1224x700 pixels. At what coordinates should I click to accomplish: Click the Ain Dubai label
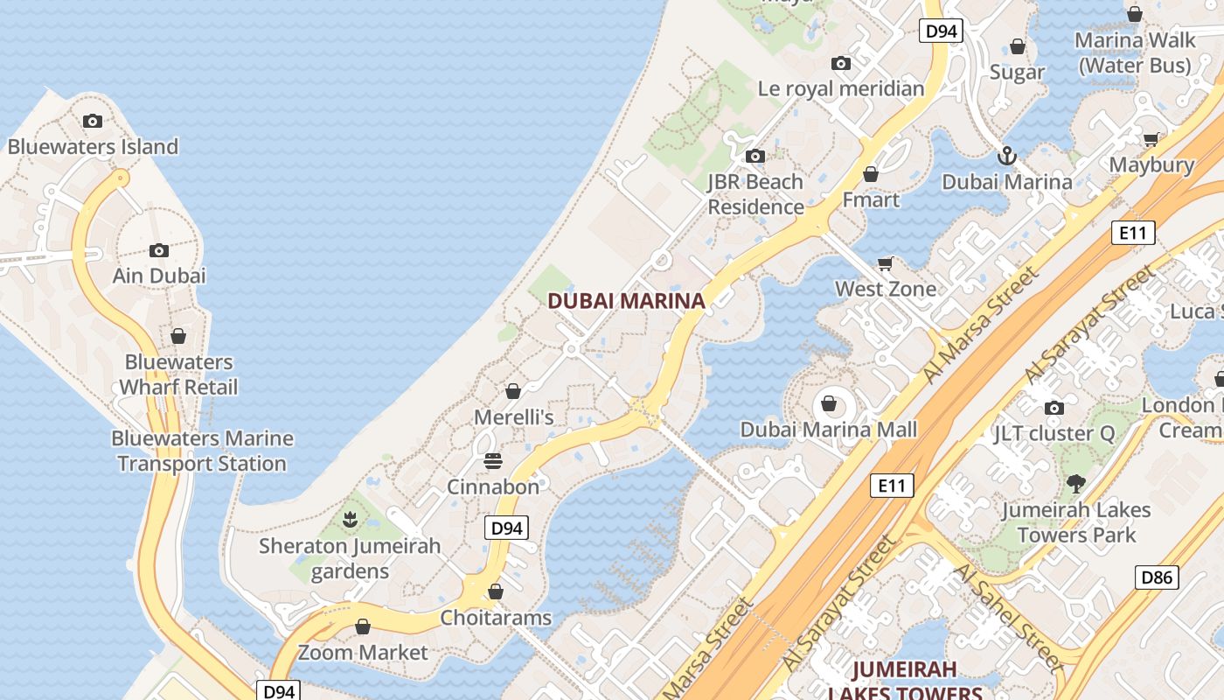[x=159, y=276]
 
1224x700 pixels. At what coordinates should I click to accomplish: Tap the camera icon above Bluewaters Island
[x=93, y=121]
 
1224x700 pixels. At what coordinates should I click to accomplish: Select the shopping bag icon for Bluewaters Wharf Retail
[x=178, y=336]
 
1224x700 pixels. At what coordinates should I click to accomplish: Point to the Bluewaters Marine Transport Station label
[x=202, y=451]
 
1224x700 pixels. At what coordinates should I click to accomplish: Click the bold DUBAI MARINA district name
[x=626, y=301]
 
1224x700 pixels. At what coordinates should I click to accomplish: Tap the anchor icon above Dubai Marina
[x=1007, y=156]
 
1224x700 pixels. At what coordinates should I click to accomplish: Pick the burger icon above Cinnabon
[x=493, y=460]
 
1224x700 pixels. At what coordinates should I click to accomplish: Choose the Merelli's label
[x=514, y=417]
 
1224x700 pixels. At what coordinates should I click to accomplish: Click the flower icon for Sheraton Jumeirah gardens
[x=350, y=520]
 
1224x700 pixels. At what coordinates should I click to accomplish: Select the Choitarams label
[x=496, y=618]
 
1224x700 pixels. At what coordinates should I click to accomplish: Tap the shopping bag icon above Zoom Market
[x=363, y=626]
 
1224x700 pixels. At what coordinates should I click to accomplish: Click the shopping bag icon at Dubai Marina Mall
[x=828, y=404]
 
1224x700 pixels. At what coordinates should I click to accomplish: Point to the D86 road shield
[x=1158, y=577]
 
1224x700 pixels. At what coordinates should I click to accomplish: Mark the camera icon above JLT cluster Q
[x=1054, y=408]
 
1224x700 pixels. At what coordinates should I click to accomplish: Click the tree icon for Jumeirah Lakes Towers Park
[x=1076, y=483]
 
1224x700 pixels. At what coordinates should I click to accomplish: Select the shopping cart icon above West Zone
[x=886, y=263]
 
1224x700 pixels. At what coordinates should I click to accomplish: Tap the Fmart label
[x=871, y=199]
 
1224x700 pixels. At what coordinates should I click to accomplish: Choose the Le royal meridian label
[x=841, y=88]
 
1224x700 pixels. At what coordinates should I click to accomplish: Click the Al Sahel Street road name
[x=1009, y=619]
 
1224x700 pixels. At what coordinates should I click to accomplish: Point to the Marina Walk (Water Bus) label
[x=1135, y=52]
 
